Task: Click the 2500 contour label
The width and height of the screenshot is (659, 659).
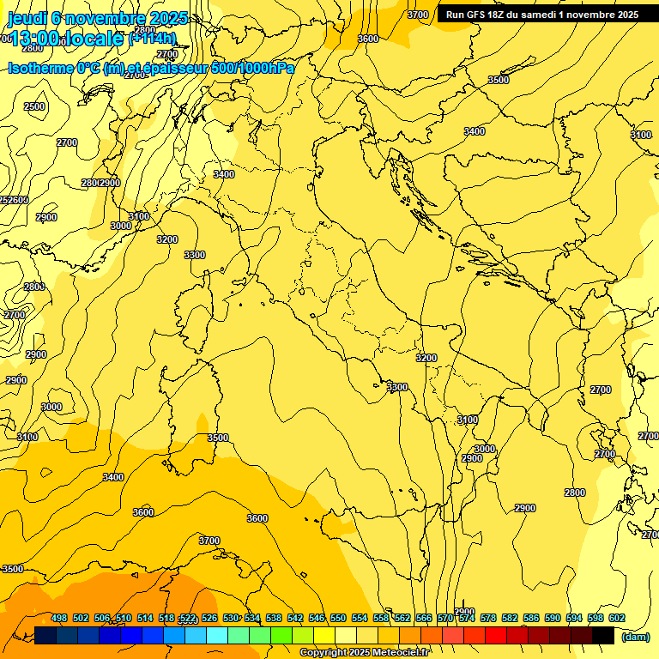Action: click(34, 106)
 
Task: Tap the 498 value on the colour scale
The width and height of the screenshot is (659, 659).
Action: click(59, 618)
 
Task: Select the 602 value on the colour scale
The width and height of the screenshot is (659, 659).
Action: click(616, 618)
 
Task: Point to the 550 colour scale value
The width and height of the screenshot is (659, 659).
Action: click(337, 618)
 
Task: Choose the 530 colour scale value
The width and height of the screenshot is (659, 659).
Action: click(230, 618)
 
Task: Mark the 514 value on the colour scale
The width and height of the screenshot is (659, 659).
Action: click(145, 618)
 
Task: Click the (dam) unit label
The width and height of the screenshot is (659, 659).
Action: click(635, 637)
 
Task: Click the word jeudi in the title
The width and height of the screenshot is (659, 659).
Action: click(25, 18)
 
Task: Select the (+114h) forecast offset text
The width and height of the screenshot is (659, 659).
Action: click(152, 39)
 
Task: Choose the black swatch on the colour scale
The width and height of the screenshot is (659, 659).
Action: click(603, 635)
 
